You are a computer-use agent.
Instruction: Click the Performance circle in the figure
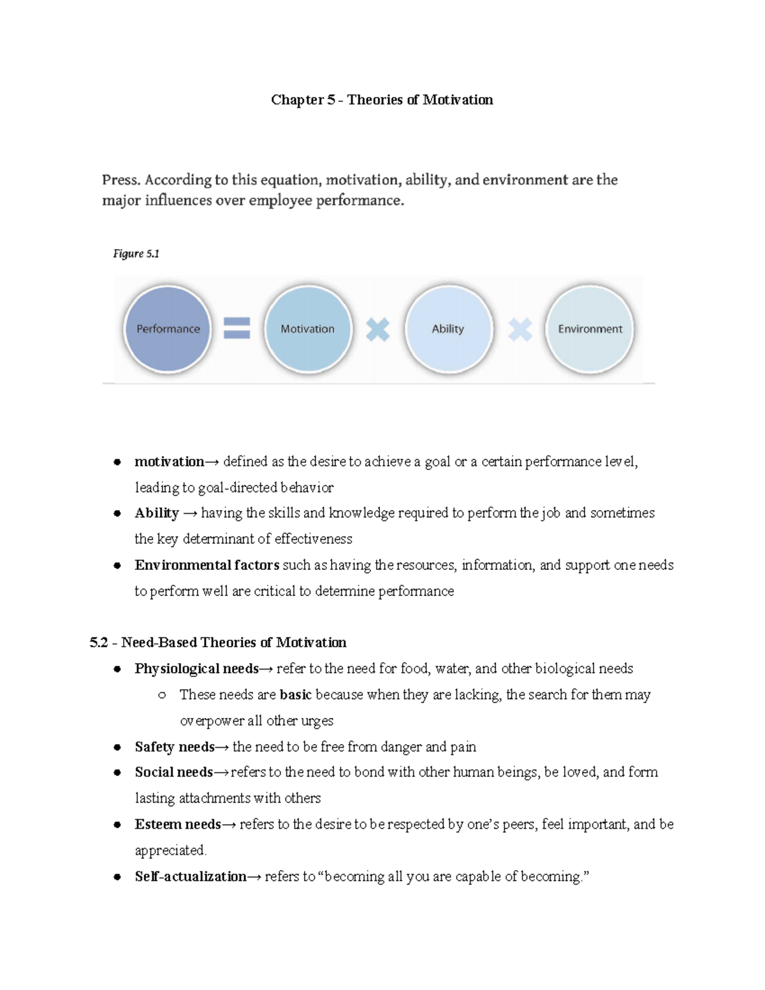168,329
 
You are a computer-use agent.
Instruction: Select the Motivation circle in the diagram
308,329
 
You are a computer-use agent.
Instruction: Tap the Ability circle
449,329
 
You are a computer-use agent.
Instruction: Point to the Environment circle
590,329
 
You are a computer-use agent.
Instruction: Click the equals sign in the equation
237,329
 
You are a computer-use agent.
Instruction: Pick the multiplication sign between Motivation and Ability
377,330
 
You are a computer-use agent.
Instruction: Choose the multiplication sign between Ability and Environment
520,330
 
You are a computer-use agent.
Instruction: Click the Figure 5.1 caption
136,254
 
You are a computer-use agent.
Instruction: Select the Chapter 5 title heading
382,100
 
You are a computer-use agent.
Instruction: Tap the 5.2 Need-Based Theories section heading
218,643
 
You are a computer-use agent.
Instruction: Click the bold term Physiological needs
196,669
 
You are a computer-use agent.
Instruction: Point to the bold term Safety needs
175,746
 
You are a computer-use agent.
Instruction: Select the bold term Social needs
173,773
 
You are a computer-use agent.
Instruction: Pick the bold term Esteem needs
178,824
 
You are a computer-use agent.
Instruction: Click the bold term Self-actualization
190,877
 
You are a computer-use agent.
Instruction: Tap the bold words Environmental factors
207,565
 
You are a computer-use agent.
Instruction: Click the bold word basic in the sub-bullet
295,695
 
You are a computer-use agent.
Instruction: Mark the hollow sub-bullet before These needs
162,695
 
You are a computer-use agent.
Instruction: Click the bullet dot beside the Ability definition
117,514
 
